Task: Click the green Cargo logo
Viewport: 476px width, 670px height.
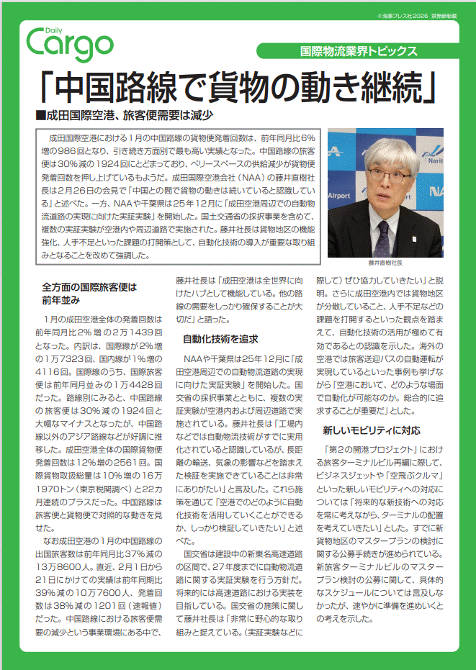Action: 69,44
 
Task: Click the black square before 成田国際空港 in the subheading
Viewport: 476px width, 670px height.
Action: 40,115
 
